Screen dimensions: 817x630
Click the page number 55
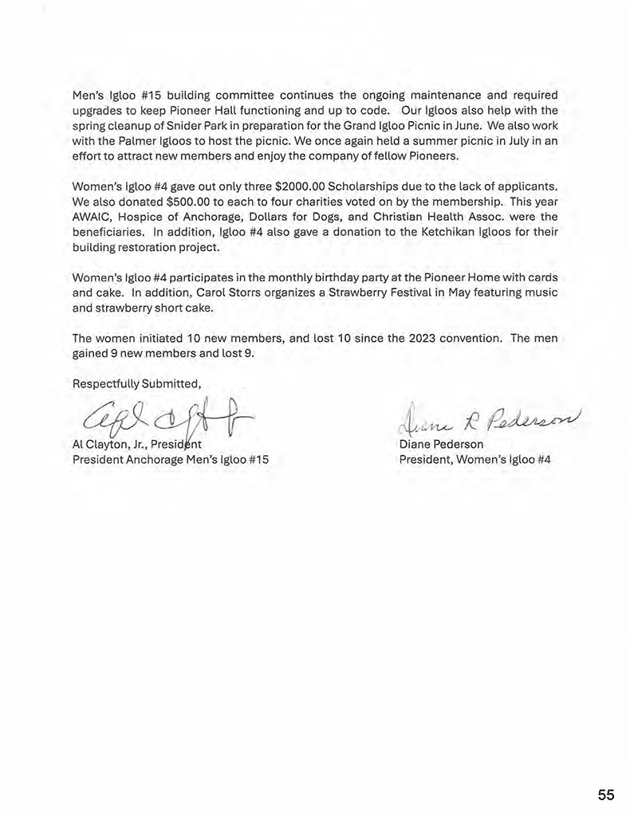(x=606, y=795)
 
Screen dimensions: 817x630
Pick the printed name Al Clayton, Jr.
(x=110, y=445)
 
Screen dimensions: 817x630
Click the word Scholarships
(x=368, y=187)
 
